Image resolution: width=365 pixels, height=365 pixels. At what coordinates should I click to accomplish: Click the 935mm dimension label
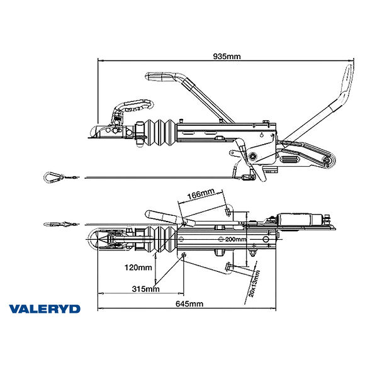[x=227, y=57]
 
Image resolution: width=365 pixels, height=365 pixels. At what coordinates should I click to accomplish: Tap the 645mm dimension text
[x=189, y=304]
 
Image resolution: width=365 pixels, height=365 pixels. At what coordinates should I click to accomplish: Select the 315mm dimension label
[x=146, y=289]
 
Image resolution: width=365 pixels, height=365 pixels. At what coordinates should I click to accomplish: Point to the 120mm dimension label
[x=138, y=267]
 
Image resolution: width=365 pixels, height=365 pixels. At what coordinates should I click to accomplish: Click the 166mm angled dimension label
[x=201, y=194]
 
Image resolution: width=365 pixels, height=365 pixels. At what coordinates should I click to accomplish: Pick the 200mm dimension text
[x=235, y=239]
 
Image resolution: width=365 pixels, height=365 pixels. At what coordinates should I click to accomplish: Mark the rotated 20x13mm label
[x=254, y=283]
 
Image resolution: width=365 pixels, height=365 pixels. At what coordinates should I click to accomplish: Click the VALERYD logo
[x=45, y=309]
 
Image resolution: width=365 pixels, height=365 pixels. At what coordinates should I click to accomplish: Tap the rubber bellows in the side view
[x=160, y=133]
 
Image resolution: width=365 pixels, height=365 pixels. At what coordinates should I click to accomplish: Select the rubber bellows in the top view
[x=160, y=239]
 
